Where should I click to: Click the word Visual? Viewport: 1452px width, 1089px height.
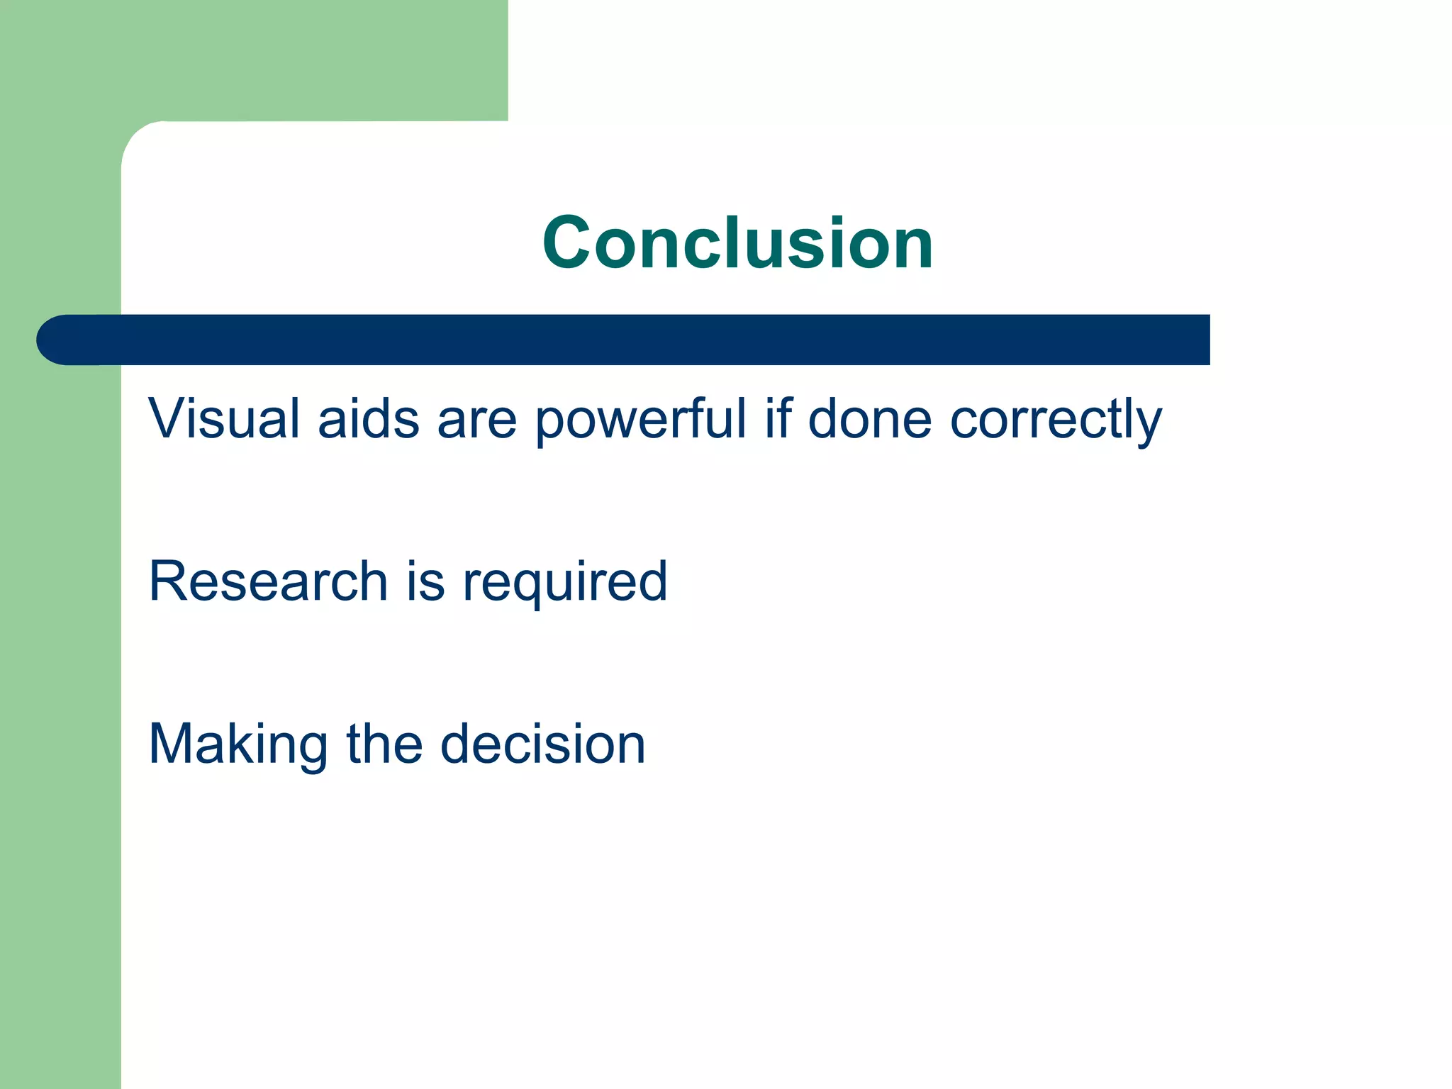[x=223, y=418]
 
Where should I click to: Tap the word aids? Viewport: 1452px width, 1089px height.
[x=369, y=418]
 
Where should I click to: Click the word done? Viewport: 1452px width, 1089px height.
[x=869, y=418]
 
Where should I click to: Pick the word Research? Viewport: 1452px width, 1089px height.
[x=268, y=581]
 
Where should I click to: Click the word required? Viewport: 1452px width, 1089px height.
[x=565, y=583]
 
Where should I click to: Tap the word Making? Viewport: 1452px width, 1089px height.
[x=238, y=744]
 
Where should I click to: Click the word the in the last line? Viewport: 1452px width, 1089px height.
[x=384, y=744]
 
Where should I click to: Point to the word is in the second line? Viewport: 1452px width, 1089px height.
[x=425, y=581]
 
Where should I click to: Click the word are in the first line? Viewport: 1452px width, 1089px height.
[x=476, y=420]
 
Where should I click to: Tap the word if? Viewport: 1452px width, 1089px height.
[x=778, y=418]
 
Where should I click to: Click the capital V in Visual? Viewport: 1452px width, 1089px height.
[x=168, y=418]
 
